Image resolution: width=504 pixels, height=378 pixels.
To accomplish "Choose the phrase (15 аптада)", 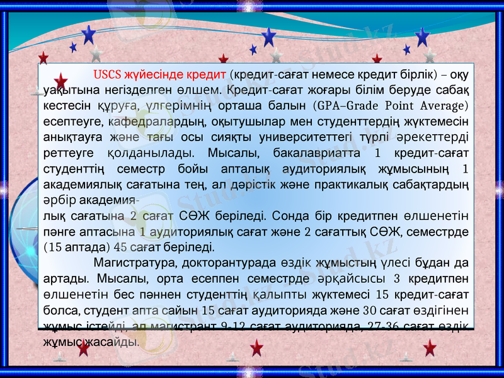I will [x=79, y=246].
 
